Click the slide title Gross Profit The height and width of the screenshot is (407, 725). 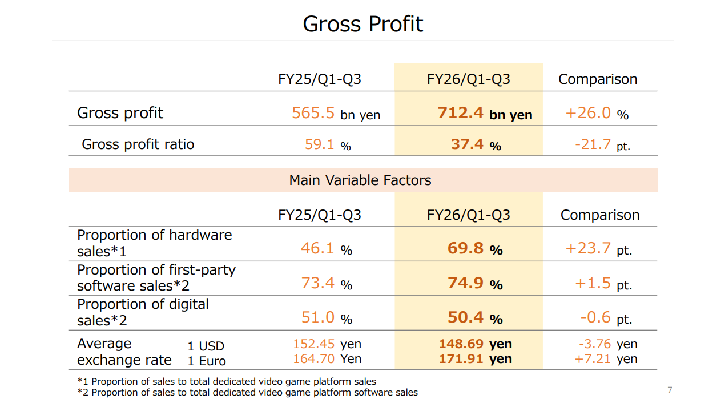[x=362, y=24]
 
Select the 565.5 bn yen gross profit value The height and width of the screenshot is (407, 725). [x=336, y=113]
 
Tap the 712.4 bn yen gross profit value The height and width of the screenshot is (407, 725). [x=485, y=113]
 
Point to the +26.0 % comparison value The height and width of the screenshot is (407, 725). [x=597, y=113]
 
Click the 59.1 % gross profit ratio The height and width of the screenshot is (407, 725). [x=328, y=144]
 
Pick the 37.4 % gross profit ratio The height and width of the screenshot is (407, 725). [x=476, y=144]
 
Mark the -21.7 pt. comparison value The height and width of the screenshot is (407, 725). [x=602, y=144]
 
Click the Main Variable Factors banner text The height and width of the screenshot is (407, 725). [x=360, y=180]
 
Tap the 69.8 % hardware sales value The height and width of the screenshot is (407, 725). [x=475, y=248]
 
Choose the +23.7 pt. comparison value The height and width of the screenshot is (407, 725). [x=598, y=248]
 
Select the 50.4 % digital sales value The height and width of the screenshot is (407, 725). [x=475, y=317]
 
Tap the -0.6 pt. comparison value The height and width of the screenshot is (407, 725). [x=605, y=317]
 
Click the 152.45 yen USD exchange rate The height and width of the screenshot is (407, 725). [x=327, y=344]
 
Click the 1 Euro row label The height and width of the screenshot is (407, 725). [x=207, y=361]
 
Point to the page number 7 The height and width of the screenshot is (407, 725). [x=670, y=390]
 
